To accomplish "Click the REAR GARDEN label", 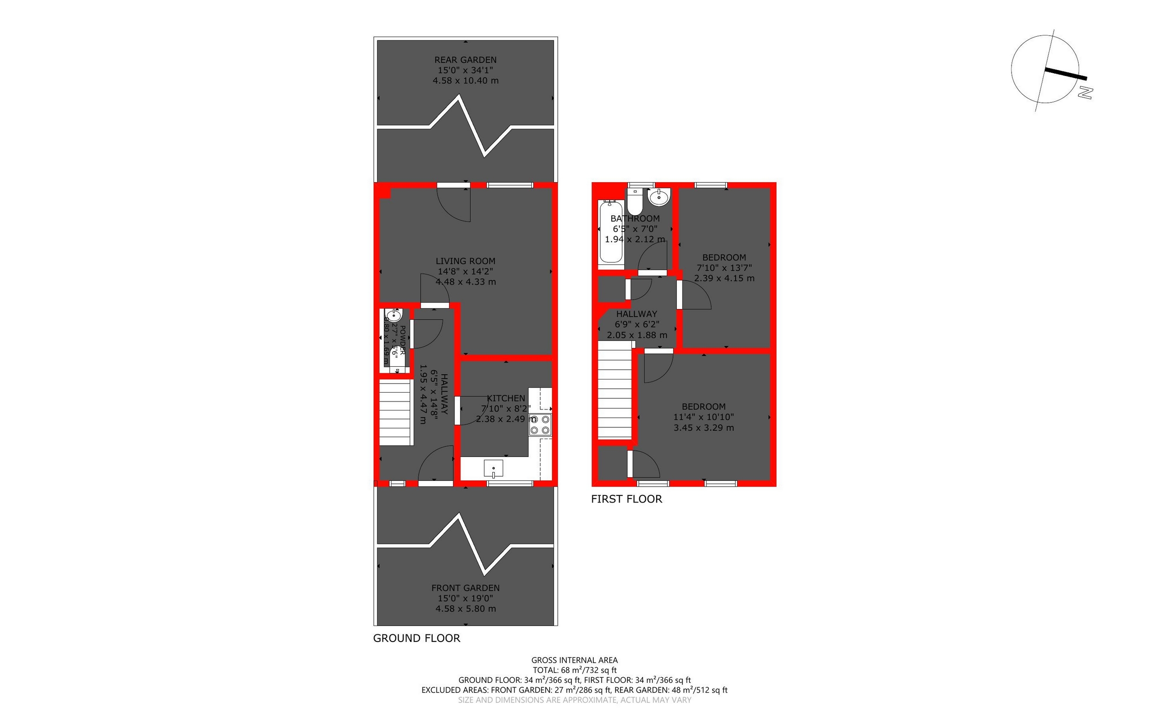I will point(465,60).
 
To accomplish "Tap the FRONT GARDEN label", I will point(465,588).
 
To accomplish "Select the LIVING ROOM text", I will point(465,261).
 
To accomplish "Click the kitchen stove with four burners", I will point(540,425).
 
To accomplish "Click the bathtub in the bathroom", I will point(611,232).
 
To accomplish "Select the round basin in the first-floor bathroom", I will point(659,197).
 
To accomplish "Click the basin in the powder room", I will point(393,315).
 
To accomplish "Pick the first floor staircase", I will point(614,389).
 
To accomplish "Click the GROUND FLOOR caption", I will point(416,638).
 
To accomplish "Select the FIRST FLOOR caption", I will point(626,499).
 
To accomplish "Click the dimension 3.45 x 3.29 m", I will point(703,427).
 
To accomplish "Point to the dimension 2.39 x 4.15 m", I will point(724,278).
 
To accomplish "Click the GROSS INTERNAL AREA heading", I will point(574,660).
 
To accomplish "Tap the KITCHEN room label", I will point(506,398).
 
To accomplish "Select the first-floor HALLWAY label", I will point(636,314).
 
